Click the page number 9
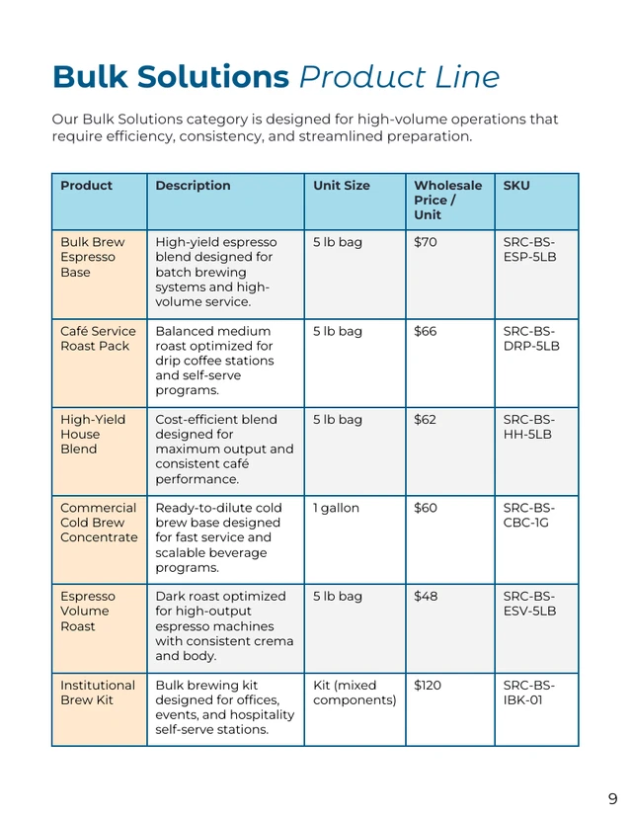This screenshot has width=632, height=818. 612,798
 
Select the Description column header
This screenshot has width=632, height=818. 193,186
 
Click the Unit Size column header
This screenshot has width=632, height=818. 342,186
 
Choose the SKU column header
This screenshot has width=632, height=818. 516,186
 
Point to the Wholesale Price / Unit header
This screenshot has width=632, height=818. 447,200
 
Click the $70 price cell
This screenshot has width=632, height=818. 425,242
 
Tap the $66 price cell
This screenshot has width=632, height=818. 425,331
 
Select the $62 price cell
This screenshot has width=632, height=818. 425,420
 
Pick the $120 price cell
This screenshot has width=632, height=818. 429,686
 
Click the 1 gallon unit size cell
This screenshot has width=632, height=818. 336,508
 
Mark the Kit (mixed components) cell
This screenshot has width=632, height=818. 354,693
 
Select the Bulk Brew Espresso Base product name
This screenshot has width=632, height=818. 92,257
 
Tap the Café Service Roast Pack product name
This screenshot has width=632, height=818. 97,338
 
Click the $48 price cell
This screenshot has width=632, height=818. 425,597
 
